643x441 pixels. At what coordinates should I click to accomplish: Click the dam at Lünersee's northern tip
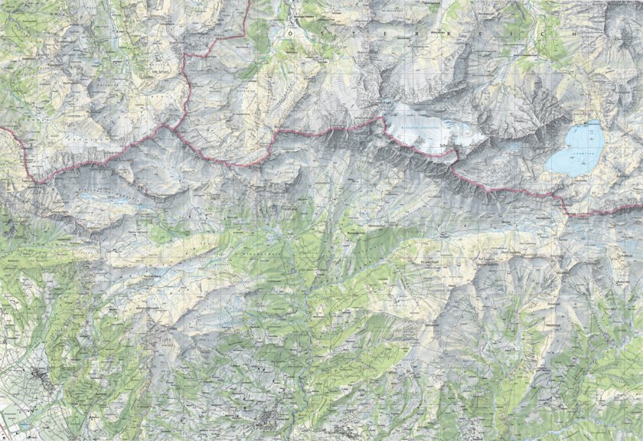click(592, 122)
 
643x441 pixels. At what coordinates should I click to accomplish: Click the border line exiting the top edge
click(248, 2)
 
